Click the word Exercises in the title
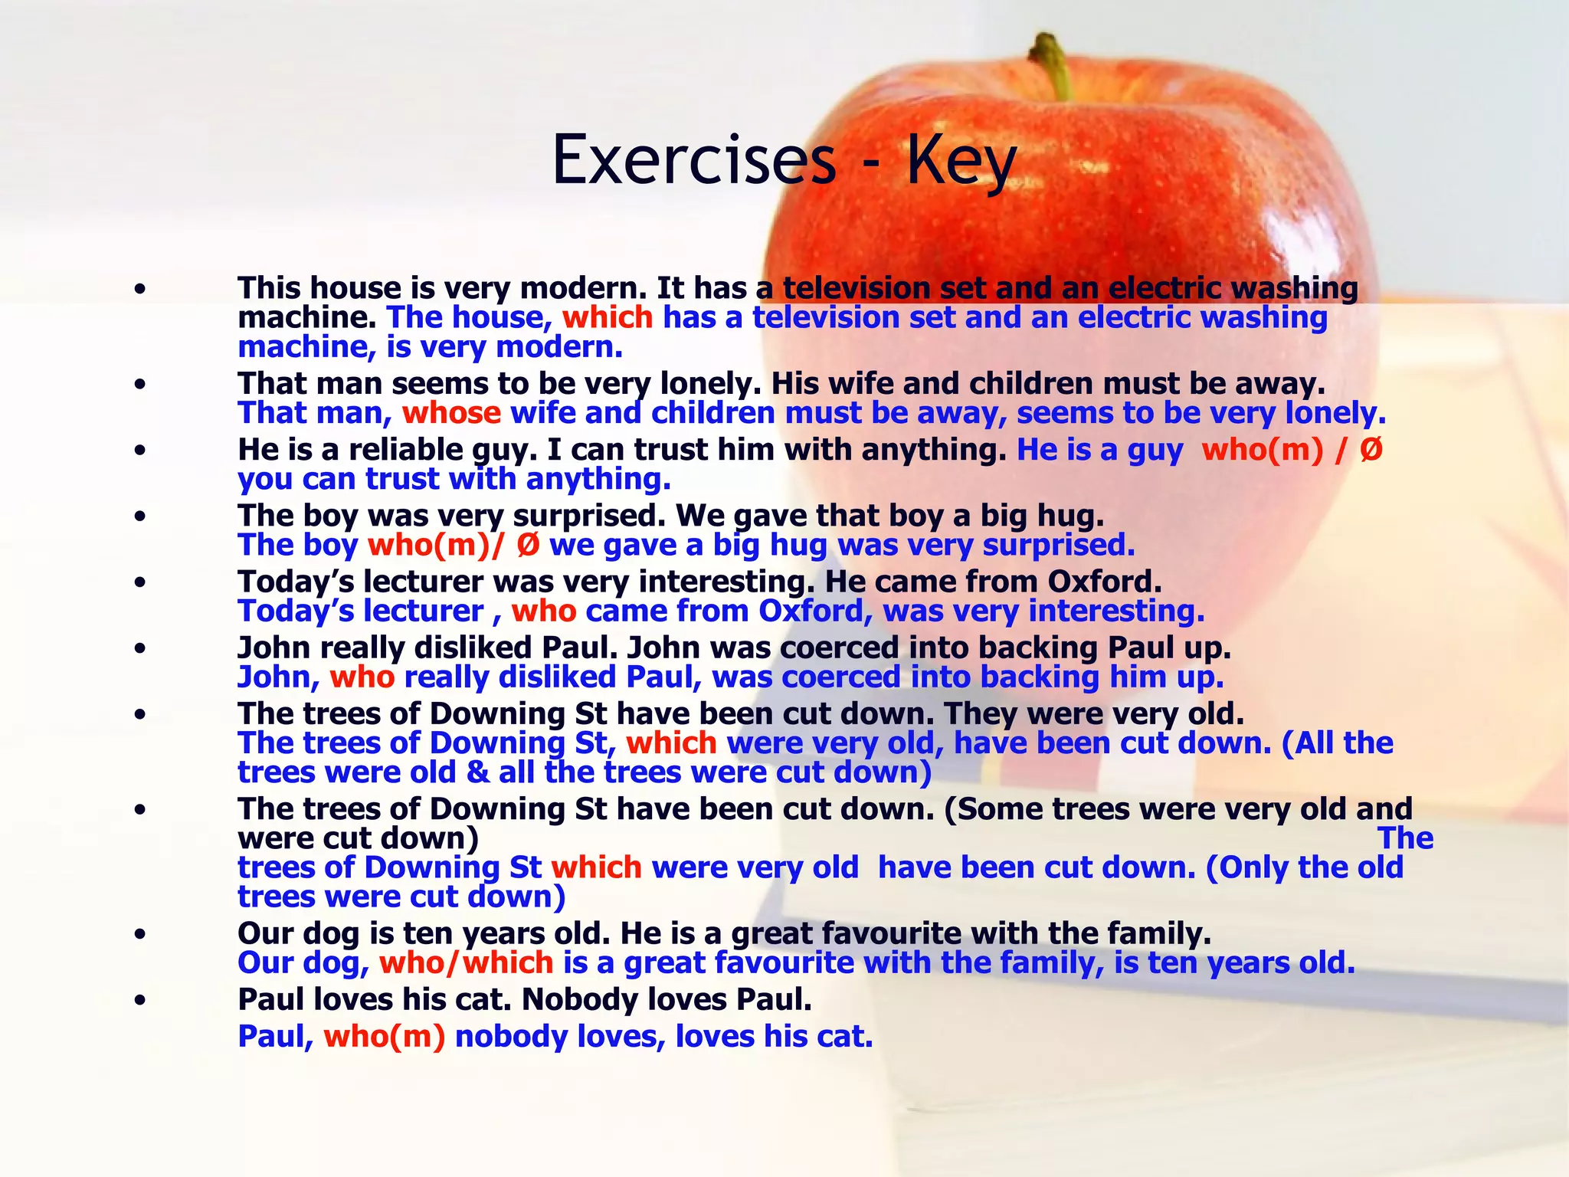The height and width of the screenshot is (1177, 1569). pos(693,160)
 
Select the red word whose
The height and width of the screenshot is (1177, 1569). pos(451,413)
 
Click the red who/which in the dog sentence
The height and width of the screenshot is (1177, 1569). pos(466,962)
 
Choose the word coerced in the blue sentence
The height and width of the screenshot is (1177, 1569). pos(840,677)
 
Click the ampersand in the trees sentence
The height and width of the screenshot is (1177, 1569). pos(477,772)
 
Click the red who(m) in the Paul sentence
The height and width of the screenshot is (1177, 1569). pos(384,1036)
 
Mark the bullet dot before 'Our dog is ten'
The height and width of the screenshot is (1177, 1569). pos(139,934)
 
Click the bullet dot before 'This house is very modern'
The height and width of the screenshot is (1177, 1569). pos(139,289)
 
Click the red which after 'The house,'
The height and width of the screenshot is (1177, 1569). pos(607,317)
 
